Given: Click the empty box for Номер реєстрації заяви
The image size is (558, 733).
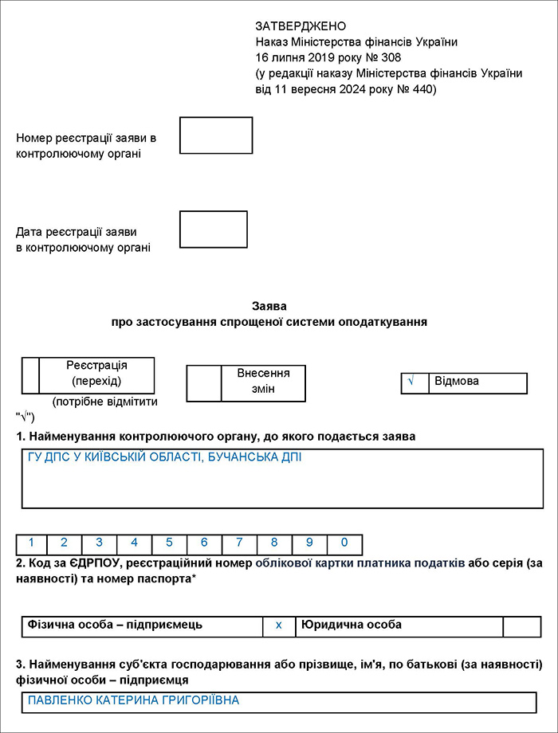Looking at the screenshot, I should (216, 135).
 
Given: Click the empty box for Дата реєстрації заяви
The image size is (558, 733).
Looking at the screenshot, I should (214, 229).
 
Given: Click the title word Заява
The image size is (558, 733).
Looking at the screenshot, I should (269, 306).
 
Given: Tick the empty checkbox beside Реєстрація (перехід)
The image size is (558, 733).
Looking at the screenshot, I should (30, 375).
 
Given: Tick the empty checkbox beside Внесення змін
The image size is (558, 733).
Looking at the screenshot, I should (203, 383).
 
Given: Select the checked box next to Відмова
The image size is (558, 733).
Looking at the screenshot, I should (415, 382).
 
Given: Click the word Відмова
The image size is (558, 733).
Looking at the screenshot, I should (457, 382).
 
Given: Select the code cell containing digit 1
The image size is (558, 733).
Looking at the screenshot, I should (32, 543).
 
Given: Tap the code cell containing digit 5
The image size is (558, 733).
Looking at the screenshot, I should (169, 543).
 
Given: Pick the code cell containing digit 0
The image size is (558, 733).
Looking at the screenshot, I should (344, 543).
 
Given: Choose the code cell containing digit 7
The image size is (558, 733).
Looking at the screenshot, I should (239, 543).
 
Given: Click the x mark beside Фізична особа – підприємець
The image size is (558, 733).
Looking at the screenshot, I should (279, 626).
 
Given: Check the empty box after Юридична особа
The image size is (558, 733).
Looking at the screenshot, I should (521, 626).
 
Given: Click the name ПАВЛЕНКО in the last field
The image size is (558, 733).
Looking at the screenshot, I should (63, 701).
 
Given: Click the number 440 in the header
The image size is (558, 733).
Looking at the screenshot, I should (421, 89).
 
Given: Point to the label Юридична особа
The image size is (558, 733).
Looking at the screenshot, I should (351, 625).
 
